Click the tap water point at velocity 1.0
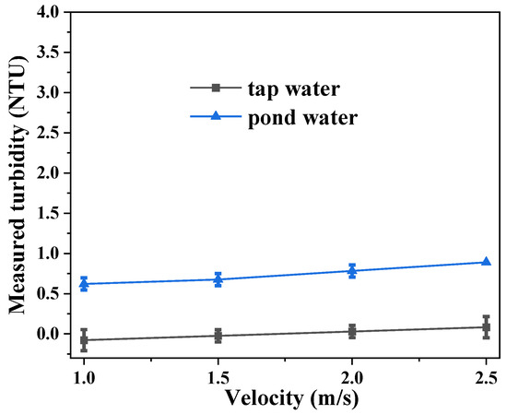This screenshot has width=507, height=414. (x=84, y=340)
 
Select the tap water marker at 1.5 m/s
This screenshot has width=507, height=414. (x=218, y=336)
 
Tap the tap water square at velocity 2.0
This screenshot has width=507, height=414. (x=352, y=331)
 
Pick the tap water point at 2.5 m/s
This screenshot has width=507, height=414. (x=486, y=326)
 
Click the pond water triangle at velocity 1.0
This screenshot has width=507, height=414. (x=84, y=283)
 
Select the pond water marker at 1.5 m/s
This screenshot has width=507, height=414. (x=218, y=278)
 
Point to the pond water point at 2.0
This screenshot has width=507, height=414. (x=352, y=270)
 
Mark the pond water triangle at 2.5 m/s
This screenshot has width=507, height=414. (x=486, y=262)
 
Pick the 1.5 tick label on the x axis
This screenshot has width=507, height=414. (x=218, y=378)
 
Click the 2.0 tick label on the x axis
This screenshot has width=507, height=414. (x=352, y=378)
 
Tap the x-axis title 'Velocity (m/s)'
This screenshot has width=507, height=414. (x=284, y=397)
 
